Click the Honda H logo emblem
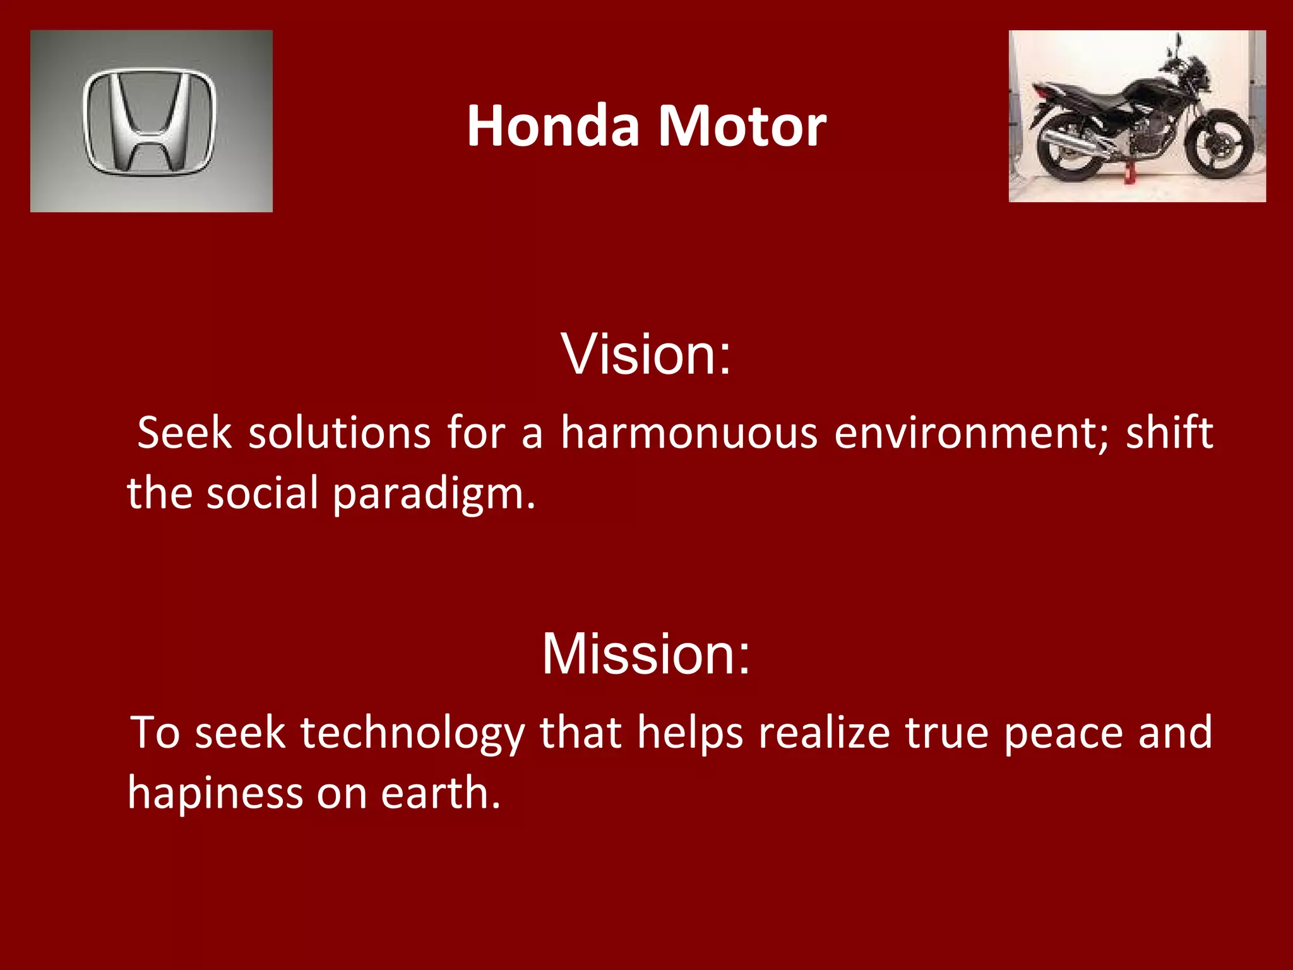pyautogui.click(x=150, y=121)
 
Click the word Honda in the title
pyautogui.click(x=553, y=126)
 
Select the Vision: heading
pyautogui.click(x=646, y=354)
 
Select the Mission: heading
pyautogui.click(x=646, y=654)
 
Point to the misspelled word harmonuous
pyautogui.click(x=689, y=433)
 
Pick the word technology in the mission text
pyautogui.click(x=412, y=734)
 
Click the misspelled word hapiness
pyautogui.click(x=215, y=793)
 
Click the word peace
pyautogui.click(x=1064, y=733)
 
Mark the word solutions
pyautogui.click(x=340, y=433)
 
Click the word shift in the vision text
pyautogui.click(x=1169, y=433)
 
